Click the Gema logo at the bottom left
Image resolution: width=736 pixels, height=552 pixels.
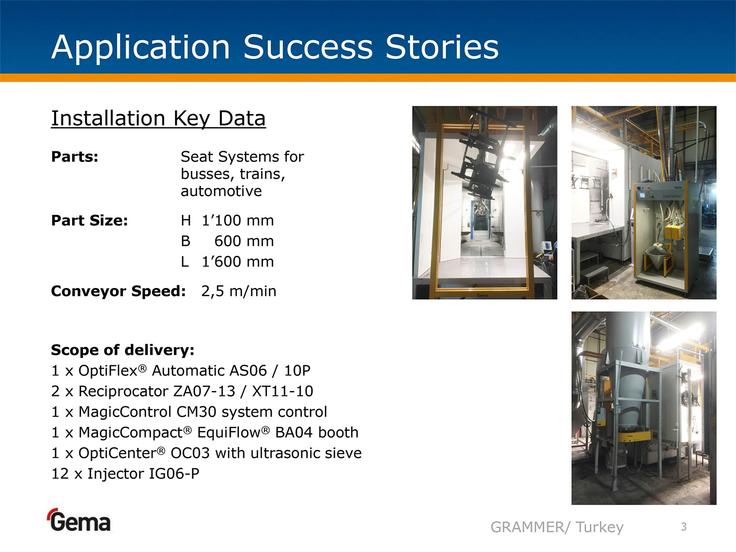(79, 520)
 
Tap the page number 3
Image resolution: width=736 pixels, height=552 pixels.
(684, 527)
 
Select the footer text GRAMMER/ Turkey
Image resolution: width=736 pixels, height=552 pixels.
(557, 527)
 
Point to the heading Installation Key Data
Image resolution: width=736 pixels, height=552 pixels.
(158, 119)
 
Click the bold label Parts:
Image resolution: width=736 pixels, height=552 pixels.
(75, 157)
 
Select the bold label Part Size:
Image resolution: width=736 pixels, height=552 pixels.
(89, 220)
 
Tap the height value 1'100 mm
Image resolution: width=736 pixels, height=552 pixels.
(238, 220)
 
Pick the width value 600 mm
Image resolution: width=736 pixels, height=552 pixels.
(244, 241)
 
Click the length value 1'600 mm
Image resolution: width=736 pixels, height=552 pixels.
(238, 261)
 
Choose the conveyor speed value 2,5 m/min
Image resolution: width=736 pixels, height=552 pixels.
(239, 291)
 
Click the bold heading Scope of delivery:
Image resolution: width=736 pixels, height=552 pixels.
(122, 350)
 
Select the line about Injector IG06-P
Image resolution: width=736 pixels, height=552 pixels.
(125, 474)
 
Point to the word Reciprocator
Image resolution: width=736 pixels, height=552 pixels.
(123, 391)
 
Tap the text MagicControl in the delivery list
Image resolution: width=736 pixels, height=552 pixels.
(125, 412)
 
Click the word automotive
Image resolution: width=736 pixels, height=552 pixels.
(221, 191)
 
